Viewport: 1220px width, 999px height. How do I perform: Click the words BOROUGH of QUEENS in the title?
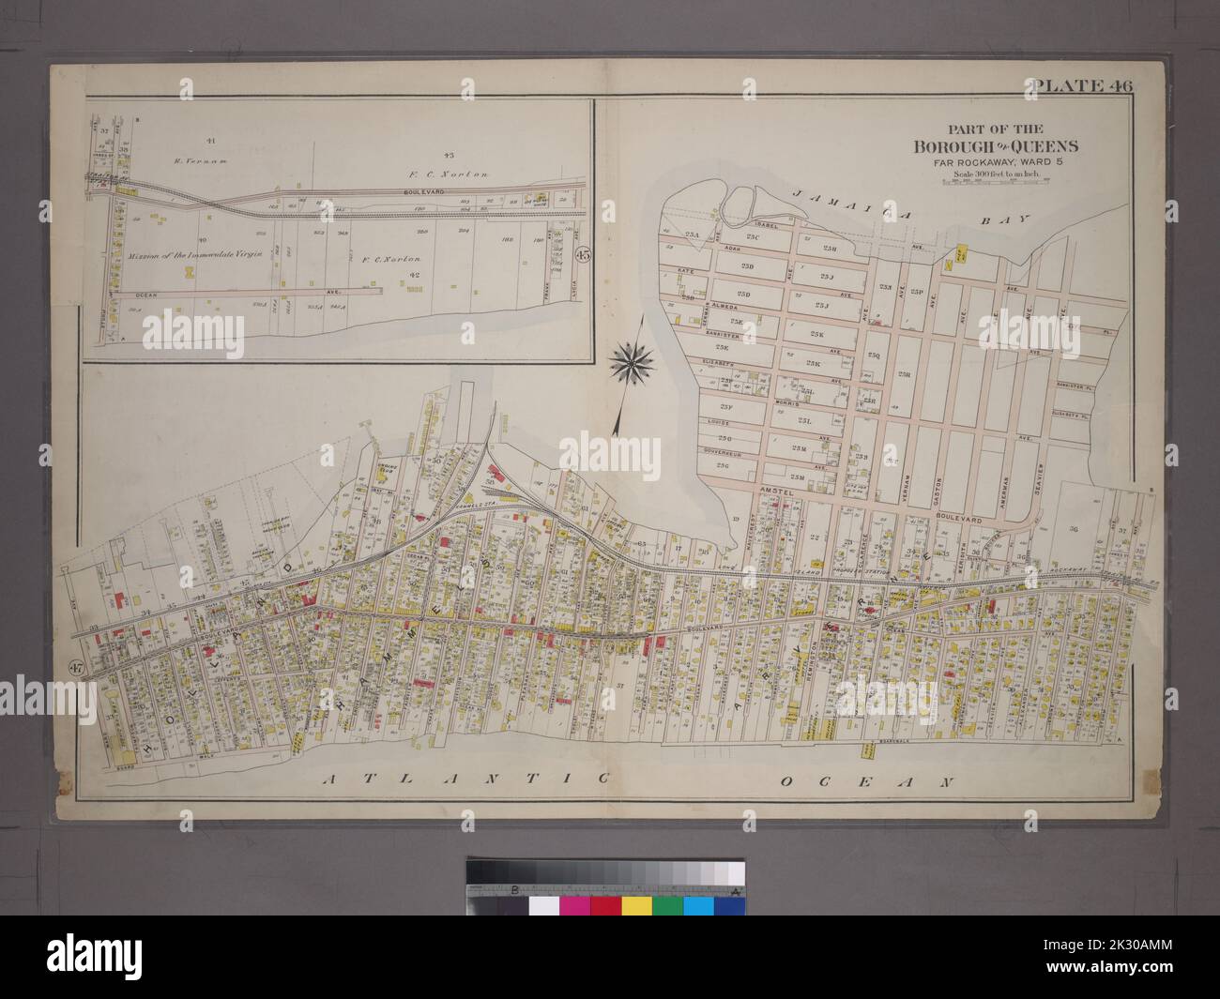point(996,146)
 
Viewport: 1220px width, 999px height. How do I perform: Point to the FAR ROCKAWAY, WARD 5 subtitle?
point(996,161)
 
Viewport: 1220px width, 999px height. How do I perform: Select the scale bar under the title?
point(996,184)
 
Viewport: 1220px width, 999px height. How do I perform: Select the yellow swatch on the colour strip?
point(636,906)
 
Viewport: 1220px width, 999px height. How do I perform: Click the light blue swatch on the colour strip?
point(698,906)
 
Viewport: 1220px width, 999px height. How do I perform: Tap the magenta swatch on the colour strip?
point(574,906)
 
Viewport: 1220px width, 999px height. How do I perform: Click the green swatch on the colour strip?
point(667,906)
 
